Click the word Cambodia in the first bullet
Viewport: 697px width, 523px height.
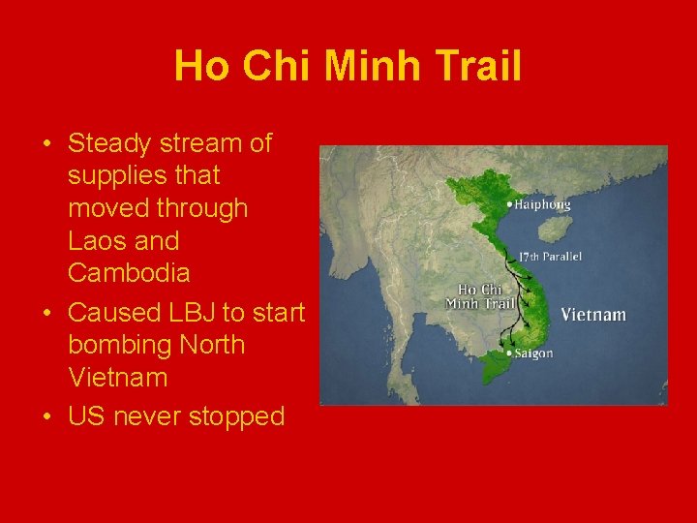[129, 272]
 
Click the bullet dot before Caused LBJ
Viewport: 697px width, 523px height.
[46, 314]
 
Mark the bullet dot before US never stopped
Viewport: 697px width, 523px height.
[46, 417]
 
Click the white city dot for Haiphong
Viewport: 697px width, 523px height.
[509, 204]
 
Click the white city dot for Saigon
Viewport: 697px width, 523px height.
[509, 354]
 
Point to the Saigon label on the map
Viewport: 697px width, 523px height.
[533, 354]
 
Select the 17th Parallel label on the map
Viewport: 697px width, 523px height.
[549, 257]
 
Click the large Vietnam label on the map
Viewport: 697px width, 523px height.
[593, 315]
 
